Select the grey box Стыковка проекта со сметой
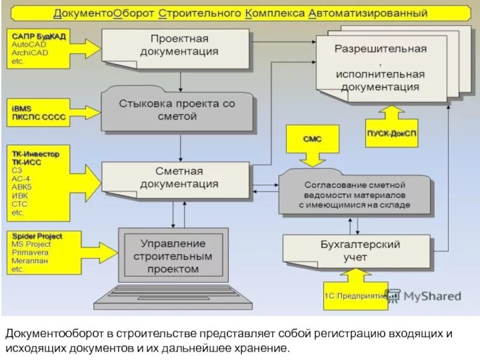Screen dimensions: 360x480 click(x=176, y=110)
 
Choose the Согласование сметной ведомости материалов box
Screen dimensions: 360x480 click(x=354, y=195)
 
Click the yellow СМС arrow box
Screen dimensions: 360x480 click(x=311, y=139)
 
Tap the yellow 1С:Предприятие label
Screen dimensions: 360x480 click(x=355, y=296)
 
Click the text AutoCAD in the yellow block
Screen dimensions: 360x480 click(x=28, y=44)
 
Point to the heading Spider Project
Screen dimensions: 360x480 click(x=36, y=236)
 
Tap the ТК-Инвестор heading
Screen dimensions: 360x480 click(x=35, y=154)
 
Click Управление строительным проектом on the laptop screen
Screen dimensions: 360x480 click(x=173, y=256)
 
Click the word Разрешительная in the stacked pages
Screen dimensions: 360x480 click(x=380, y=49)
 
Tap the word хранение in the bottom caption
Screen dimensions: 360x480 click(x=262, y=348)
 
